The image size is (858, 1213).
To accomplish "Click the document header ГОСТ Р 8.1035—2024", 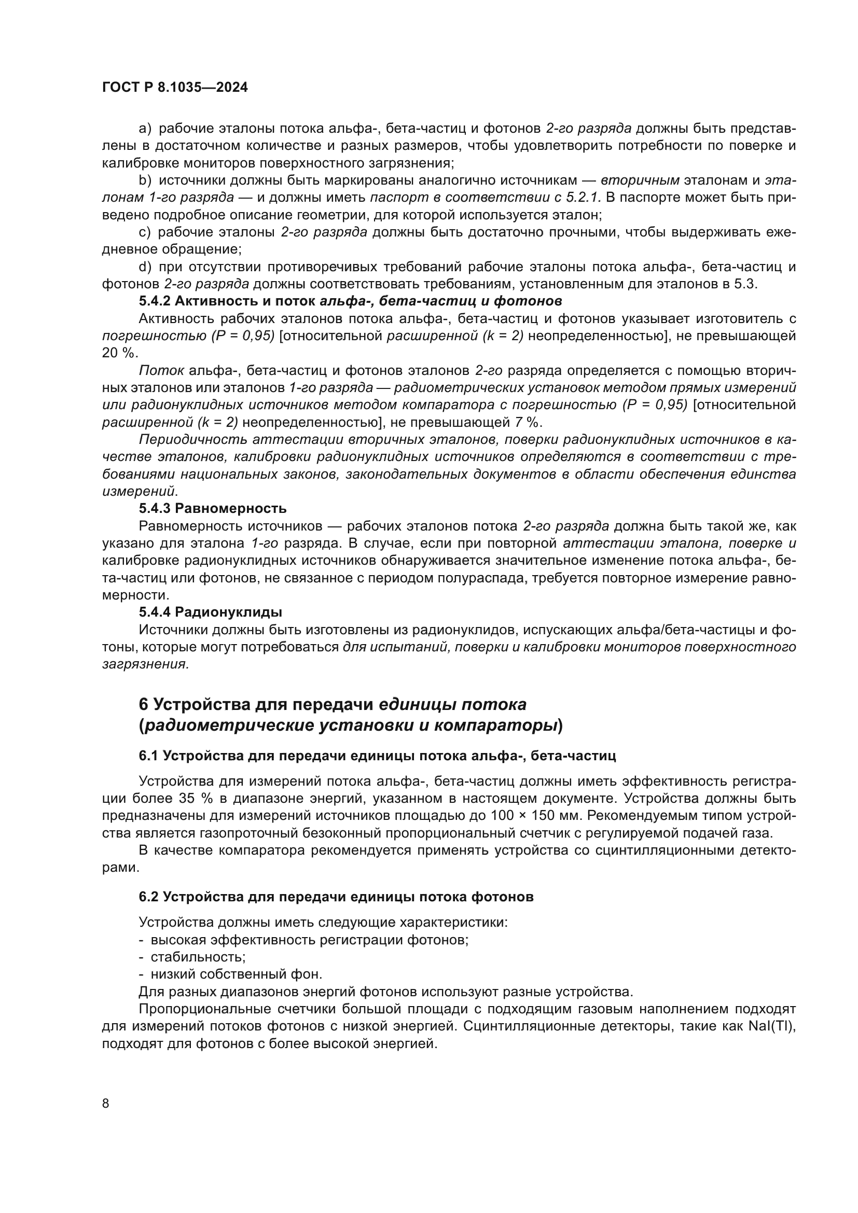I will pos(175,88).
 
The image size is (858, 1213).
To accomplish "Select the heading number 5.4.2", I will pos(154,301).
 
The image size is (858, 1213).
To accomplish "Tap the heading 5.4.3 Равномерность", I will pos(212,509).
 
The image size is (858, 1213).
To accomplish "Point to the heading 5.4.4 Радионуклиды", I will pos(210,612).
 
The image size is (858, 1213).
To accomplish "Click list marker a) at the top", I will pos(145,129).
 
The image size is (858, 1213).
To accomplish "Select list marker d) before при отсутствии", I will pos(145,267).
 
